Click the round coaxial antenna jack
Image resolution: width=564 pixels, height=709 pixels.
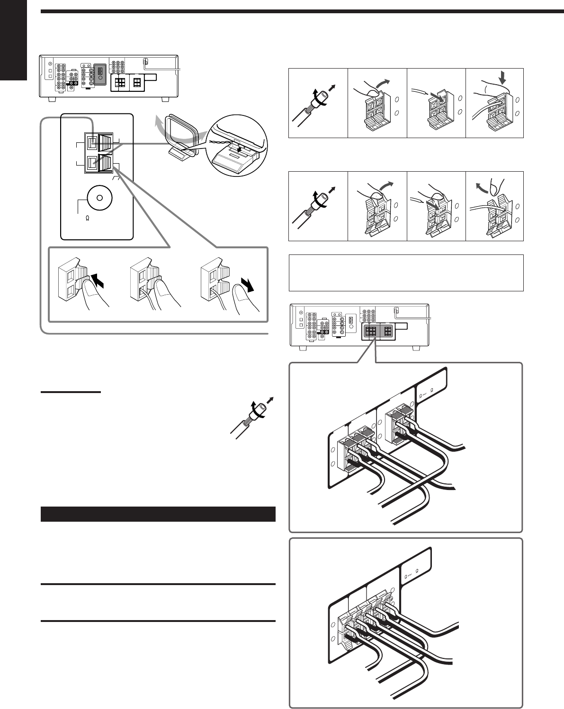(x=98, y=198)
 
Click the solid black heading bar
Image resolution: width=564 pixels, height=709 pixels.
(x=158, y=514)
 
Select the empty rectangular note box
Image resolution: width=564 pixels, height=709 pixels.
(x=406, y=272)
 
